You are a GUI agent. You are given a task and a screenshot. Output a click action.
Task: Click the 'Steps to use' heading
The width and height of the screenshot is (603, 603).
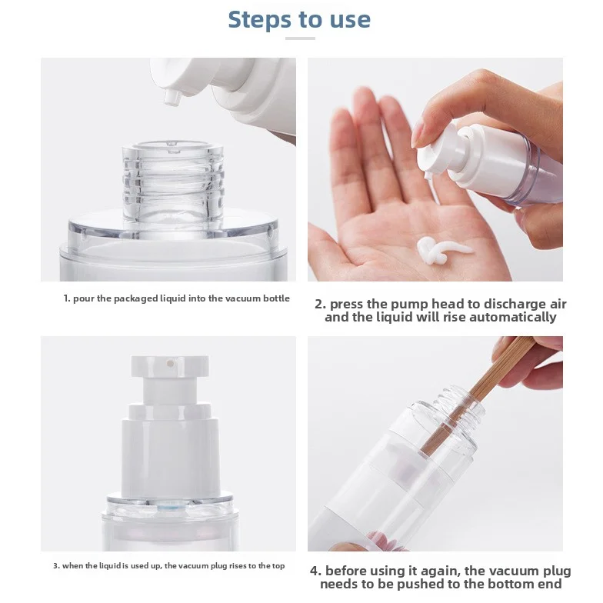click(x=299, y=19)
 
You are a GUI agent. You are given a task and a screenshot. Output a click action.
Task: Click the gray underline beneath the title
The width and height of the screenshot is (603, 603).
click(x=299, y=38)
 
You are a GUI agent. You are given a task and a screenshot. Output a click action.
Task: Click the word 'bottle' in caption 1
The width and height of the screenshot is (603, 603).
click(x=276, y=298)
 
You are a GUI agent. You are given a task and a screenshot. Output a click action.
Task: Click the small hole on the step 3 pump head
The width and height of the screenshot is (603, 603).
click(x=169, y=359)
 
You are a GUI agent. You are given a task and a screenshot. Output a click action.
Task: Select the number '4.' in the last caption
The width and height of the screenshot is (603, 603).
click(x=316, y=571)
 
